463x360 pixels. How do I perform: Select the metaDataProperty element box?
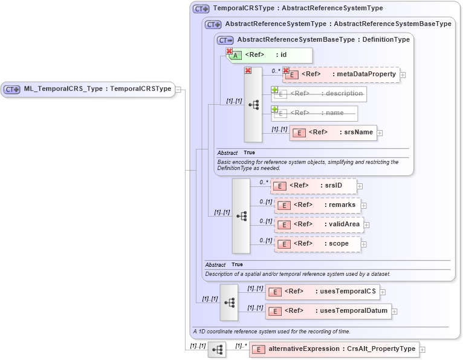pyautogui.click(x=342, y=74)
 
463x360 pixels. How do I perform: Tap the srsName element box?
pyautogui.click(x=333, y=133)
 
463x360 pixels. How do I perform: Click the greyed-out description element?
pyautogui.click(x=320, y=94)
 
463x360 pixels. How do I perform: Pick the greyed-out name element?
pyautogui.click(x=315, y=113)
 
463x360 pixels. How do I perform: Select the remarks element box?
pyautogui.click(x=317, y=205)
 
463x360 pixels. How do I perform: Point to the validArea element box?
pyautogui.click(x=319, y=224)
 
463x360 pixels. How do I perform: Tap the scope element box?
pyautogui.click(x=317, y=244)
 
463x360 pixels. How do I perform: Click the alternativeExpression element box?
pyautogui.click(x=334, y=350)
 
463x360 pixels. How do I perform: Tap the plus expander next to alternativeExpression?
pyautogui.click(x=423, y=350)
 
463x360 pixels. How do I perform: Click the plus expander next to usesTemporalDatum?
pyautogui.click(x=395, y=312)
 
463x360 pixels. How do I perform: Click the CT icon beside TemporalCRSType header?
pyautogui.click(x=201, y=9)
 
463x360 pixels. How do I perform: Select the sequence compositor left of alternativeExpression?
pyautogui.click(x=217, y=350)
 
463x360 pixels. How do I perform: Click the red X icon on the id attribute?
pyautogui.click(x=229, y=51)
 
